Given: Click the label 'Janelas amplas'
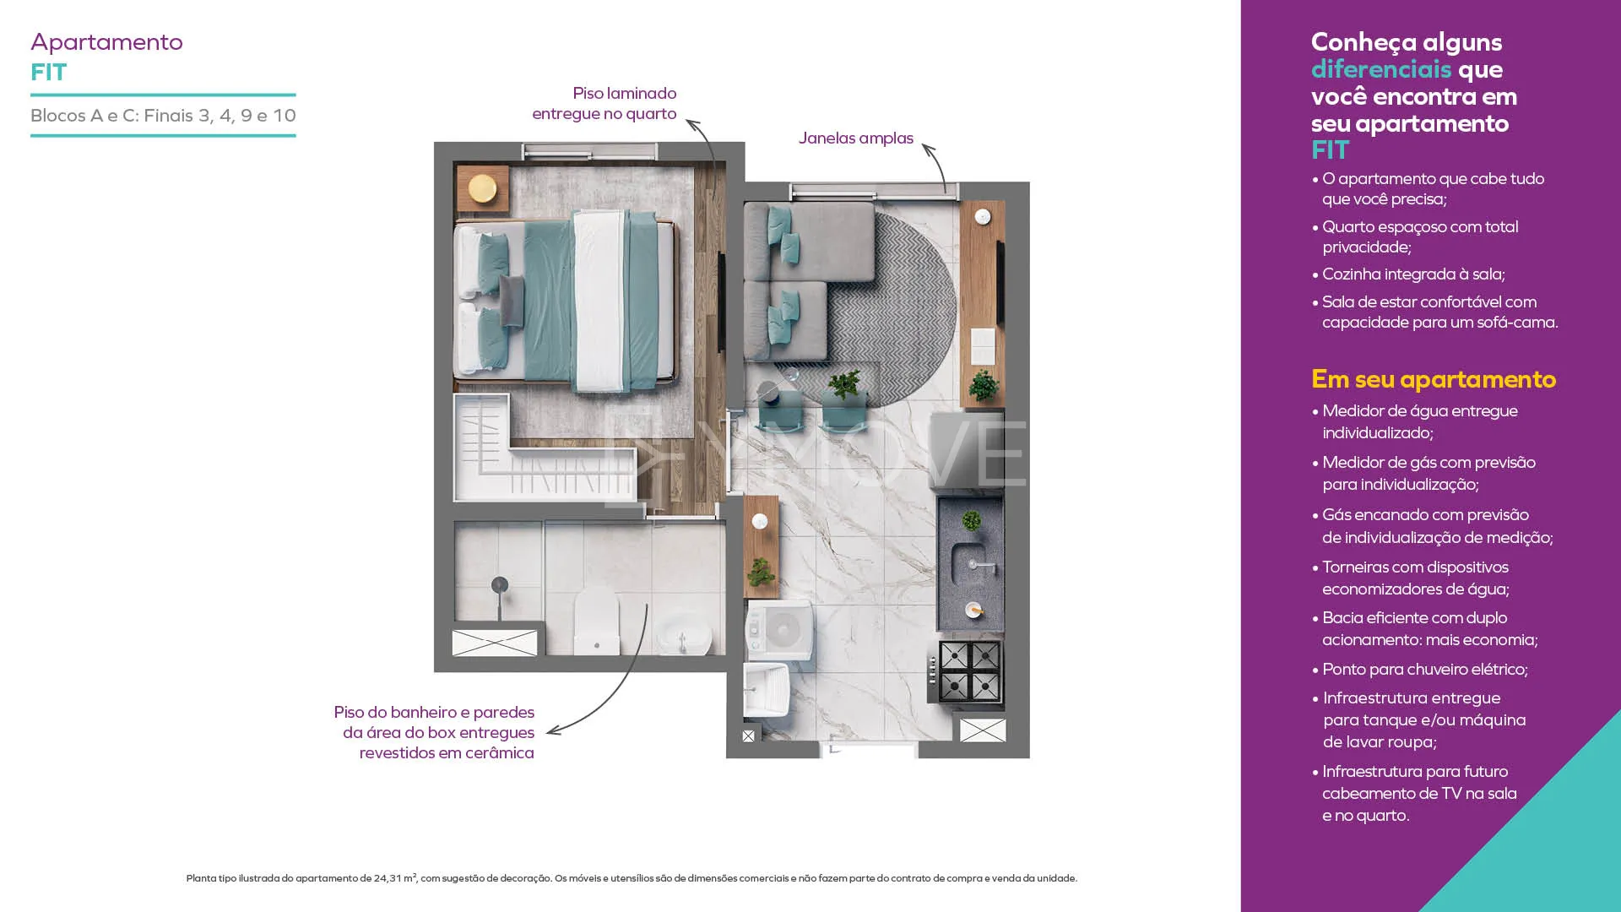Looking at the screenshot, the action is [x=855, y=138].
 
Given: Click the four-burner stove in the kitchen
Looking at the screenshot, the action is [x=968, y=671].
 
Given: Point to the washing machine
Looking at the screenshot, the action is [x=779, y=629].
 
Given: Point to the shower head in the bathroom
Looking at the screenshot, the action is [x=500, y=584].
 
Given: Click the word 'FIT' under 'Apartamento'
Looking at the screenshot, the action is [x=48, y=73].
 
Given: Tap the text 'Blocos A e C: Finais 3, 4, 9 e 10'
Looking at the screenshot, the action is [x=163, y=116].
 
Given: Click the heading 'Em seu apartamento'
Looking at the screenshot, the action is [x=1434, y=379].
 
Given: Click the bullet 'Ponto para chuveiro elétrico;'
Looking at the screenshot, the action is [x=1425, y=669].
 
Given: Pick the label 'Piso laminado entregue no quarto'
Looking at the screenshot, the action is [x=604, y=103].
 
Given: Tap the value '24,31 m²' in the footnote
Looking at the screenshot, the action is [x=395, y=878].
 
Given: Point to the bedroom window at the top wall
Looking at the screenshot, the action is [x=589, y=151].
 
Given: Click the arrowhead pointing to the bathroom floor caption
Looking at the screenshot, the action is [x=552, y=731].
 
